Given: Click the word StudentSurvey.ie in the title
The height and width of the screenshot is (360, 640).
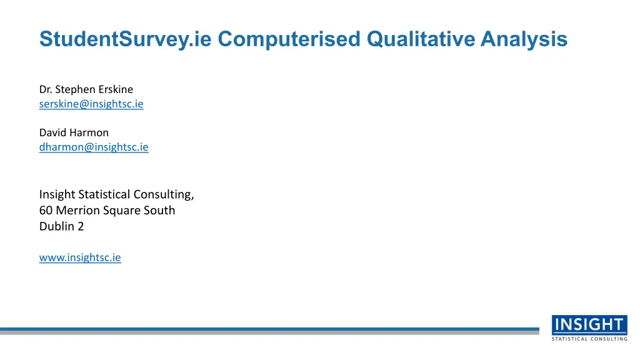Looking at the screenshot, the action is pyautogui.click(x=125, y=40).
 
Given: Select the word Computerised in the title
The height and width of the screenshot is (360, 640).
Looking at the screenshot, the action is pyautogui.click(x=289, y=40).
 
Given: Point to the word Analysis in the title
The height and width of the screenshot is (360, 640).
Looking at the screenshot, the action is pyautogui.click(x=524, y=40).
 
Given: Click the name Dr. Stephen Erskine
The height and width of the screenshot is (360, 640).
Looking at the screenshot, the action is pyautogui.click(x=86, y=89).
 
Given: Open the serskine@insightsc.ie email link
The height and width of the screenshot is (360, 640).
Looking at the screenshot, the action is pyautogui.click(x=91, y=104).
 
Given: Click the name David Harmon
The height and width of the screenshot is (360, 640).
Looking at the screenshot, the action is pyautogui.click(x=74, y=132).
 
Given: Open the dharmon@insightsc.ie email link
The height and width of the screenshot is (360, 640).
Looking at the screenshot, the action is pyautogui.click(x=94, y=147).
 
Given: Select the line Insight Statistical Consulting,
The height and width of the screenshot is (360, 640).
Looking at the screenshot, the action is pyautogui.click(x=117, y=195).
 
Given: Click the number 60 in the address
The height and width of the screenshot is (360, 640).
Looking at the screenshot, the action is pyautogui.click(x=46, y=210).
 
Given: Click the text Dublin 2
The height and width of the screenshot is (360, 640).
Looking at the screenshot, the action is pyautogui.click(x=62, y=226).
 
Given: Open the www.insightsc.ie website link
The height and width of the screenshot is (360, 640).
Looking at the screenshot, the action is pyautogui.click(x=80, y=257).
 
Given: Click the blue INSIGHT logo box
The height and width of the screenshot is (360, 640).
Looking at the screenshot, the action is pyautogui.click(x=589, y=325).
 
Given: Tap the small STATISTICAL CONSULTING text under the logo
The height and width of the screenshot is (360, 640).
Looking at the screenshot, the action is pyautogui.click(x=589, y=339).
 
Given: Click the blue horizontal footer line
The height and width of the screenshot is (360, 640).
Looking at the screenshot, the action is pyautogui.click(x=269, y=329).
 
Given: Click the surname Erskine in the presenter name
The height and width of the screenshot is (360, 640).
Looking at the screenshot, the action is pyautogui.click(x=116, y=89).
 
